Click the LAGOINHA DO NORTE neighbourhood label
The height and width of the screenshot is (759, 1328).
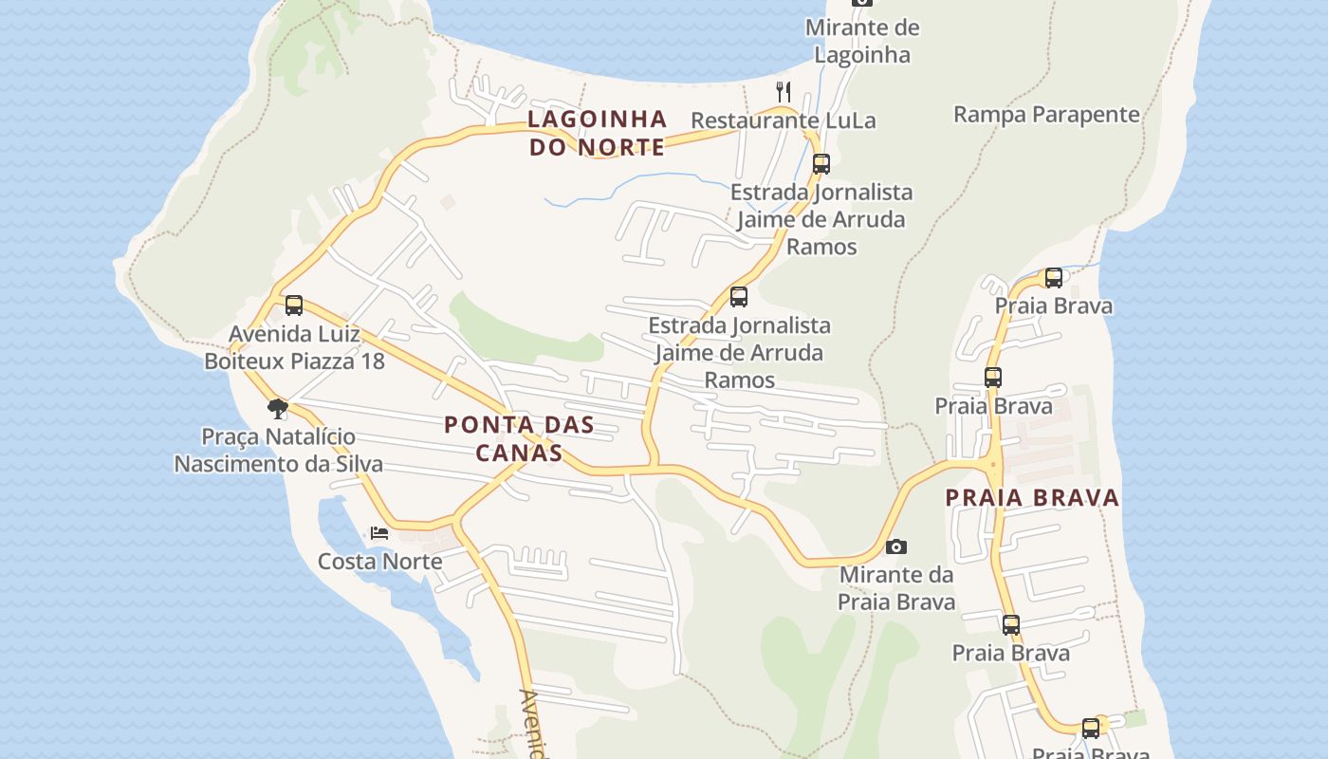point(597,133)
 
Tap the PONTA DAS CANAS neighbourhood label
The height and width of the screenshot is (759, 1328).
point(519,438)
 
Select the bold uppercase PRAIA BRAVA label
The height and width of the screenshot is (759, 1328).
point(1032,498)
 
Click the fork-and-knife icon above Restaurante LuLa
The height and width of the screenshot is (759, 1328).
point(784,92)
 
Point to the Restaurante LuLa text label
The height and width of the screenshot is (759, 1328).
point(783,120)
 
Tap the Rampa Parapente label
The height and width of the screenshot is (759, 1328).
point(1045,115)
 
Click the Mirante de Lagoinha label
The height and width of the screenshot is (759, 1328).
point(861,41)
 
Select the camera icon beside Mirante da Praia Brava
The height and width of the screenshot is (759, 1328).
point(895,546)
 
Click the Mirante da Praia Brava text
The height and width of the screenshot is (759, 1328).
point(895,588)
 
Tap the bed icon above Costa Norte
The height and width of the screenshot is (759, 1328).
point(379,532)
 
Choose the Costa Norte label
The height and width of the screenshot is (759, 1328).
point(379,561)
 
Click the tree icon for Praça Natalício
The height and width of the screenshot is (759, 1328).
point(278,409)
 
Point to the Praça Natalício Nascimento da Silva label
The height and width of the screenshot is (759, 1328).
point(278,451)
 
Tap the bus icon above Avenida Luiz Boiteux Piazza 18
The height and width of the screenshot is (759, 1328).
point(294,305)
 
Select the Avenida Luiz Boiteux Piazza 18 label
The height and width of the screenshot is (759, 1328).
point(294,347)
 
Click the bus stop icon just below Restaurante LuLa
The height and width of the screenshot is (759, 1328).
point(821,163)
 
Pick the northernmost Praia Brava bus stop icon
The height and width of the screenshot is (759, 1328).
point(1053,278)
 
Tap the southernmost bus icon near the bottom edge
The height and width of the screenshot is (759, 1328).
point(1091,728)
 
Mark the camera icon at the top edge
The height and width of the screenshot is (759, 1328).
point(861,3)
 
